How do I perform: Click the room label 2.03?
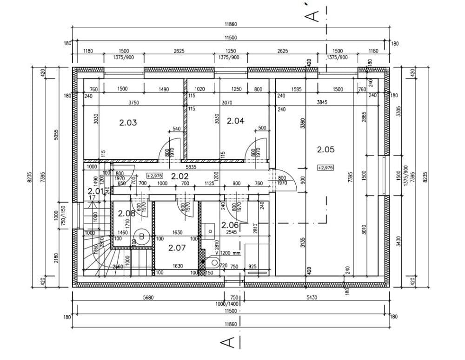click(128, 123)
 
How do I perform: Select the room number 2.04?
click(235, 121)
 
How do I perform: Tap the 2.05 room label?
click(325, 150)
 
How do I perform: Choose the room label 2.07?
click(177, 248)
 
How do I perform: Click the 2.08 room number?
click(126, 214)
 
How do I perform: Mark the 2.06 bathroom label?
click(230, 225)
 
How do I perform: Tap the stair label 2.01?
click(96, 190)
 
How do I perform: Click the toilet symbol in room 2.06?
click(214, 262)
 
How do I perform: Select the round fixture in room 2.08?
click(141, 236)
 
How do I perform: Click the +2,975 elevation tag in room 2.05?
click(325, 168)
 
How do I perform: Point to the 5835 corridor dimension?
click(191, 166)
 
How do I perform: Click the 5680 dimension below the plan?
click(148, 298)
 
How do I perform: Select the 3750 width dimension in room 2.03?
click(134, 103)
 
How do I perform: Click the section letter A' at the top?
click(315, 15)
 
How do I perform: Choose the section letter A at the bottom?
click(227, 343)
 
